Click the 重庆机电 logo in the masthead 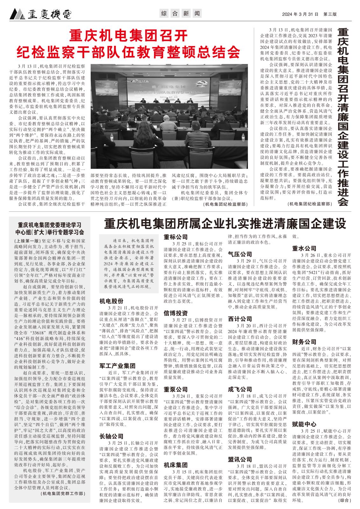[x=40, y=14]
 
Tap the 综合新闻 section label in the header [x=180, y=14]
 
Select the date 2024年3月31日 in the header [x=300, y=14]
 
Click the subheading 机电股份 [x=111, y=301]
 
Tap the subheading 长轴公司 [x=111, y=436]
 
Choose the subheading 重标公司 [x=176, y=237]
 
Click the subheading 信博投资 [x=176, y=313]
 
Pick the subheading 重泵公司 [x=176, y=389]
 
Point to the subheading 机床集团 [x=176, y=465]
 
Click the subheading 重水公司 [x=304, y=248]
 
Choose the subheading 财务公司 [x=304, y=342]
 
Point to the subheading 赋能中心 [x=304, y=424]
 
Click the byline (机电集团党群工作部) [x=63, y=494]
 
